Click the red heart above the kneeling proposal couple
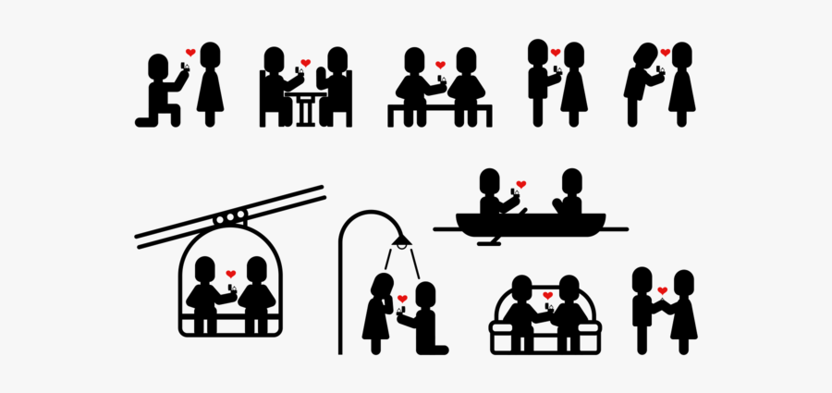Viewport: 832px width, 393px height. coord(190,53)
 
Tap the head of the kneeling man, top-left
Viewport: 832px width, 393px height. coord(159,66)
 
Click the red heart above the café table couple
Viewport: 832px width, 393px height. coord(305,63)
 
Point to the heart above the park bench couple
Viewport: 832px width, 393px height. coord(440,65)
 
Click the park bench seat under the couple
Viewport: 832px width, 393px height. coord(440,109)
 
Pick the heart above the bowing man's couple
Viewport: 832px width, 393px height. coord(665,53)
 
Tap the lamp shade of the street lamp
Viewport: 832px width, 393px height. coord(400,242)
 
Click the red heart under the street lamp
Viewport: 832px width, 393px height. coord(402,298)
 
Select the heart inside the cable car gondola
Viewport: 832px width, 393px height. coord(230,274)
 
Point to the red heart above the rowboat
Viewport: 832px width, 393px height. coord(520,184)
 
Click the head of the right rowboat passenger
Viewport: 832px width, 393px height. coord(571,179)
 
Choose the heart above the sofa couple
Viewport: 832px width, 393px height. coord(547,296)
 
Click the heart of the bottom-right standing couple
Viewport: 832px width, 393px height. coord(662,291)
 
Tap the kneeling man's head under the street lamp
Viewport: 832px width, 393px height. coord(425,294)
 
